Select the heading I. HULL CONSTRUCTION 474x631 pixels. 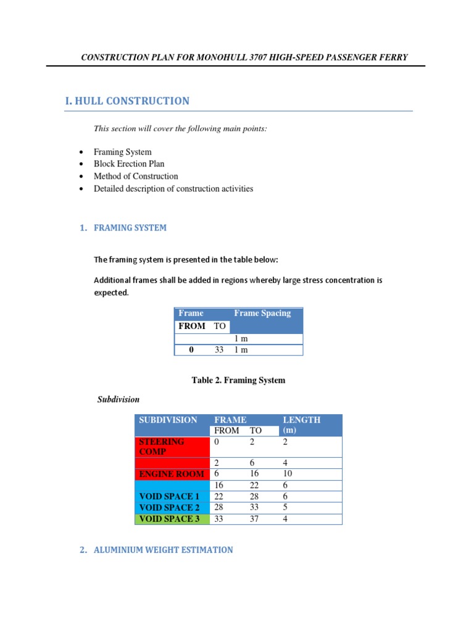pyautogui.click(x=127, y=101)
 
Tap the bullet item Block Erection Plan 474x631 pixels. pyautogui.click(x=129, y=164)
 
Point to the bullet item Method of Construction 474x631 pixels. pyautogui.click(x=136, y=176)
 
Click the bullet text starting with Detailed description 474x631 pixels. pyautogui.click(x=173, y=189)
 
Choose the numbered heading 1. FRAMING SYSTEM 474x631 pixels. pyautogui.click(x=123, y=228)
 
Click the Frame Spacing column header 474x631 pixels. pyautogui.click(x=262, y=313)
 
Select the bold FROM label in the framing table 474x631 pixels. pyautogui.click(x=191, y=326)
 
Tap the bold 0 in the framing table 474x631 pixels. pyautogui.click(x=191, y=350)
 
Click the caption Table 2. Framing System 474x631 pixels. pyautogui.click(x=238, y=380)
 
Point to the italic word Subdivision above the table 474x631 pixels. pyautogui.click(x=118, y=399)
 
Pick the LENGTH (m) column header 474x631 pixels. pyautogui.click(x=301, y=425)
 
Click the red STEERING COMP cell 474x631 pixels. pyautogui.click(x=162, y=447)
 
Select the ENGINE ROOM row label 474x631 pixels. pyautogui.click(x=171, y=474)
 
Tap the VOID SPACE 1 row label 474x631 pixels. pyautogui.click(x=169, y=497)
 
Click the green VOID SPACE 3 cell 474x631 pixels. pyautogui.click(x=169, y=519)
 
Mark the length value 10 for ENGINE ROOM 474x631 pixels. pyautogui.click(x=288, y=474)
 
